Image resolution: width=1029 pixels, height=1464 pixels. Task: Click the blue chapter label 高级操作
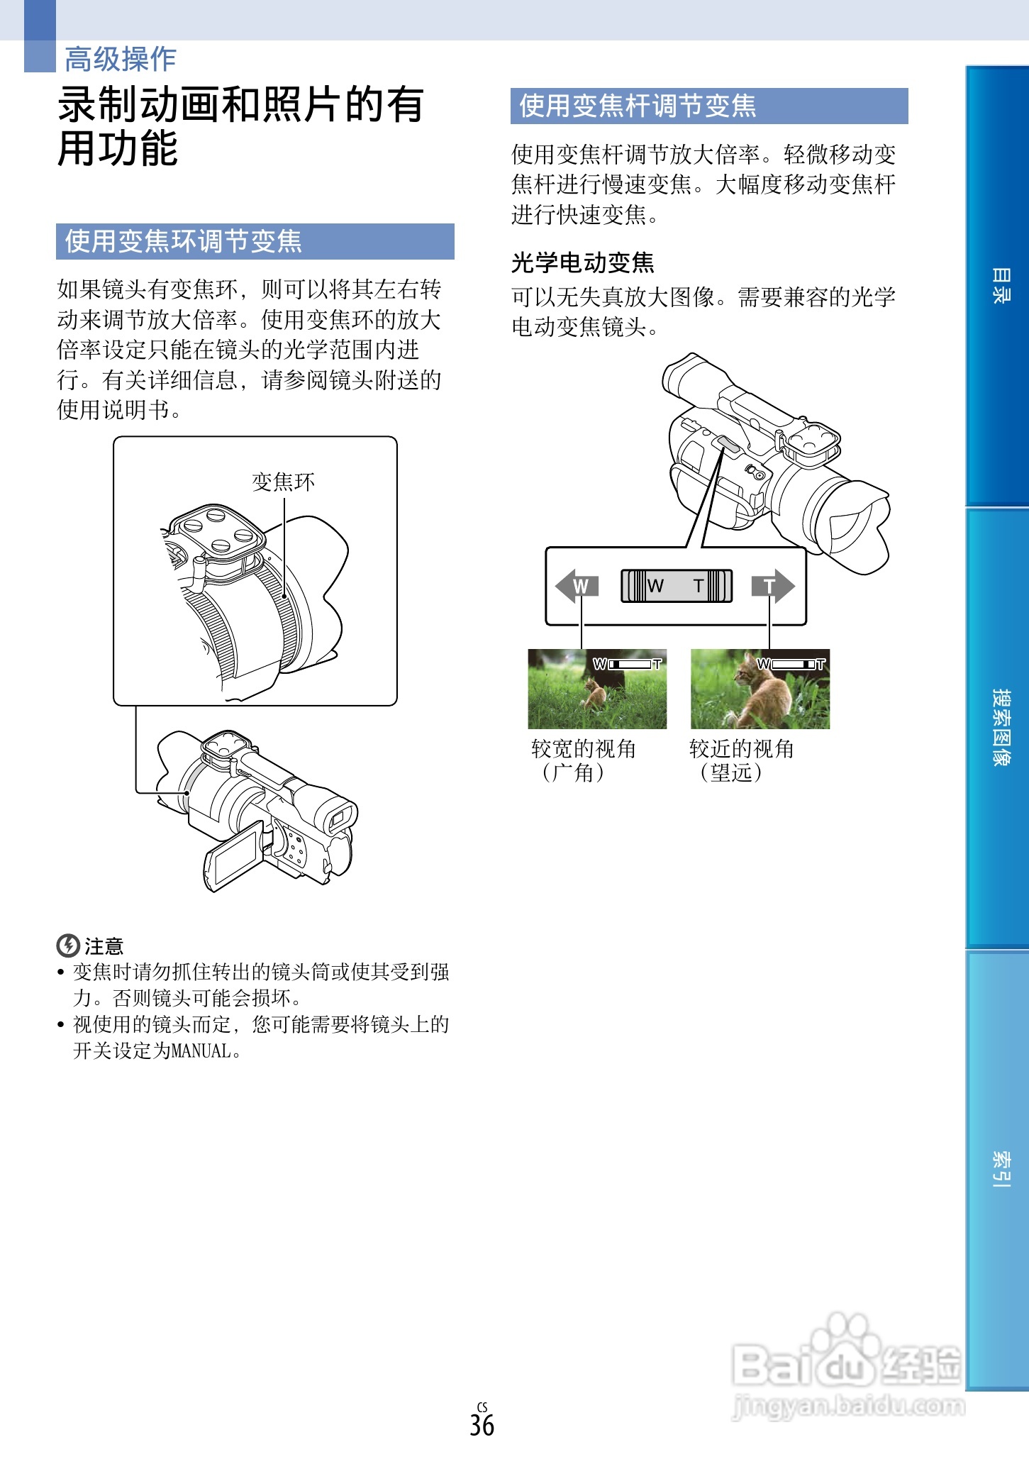pos(120,59)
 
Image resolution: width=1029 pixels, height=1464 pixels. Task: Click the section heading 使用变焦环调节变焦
pos(184,241)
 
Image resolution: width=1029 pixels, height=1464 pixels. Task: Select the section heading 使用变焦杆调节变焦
pos(638,106)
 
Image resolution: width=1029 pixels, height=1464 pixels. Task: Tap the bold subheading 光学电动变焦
pos(582,262)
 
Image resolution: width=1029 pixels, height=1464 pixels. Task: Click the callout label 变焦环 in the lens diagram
pos(283,482)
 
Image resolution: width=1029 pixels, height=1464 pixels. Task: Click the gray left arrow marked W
pos(577,586)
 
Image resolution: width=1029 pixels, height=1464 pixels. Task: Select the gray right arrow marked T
pos(773,586)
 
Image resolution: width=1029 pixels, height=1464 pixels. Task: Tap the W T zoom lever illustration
pos(676,586)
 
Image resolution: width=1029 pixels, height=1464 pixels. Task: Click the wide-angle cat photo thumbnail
pos(597,689)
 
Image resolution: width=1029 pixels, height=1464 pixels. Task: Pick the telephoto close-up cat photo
pos(760,689)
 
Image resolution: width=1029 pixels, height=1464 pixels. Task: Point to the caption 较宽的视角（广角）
pos(583,760)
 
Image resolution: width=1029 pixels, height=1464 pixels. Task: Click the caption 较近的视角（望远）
pos(741,760)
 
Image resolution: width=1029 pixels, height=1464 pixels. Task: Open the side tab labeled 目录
pos(1000,286)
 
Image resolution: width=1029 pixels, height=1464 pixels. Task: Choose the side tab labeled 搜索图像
pos(1000,727)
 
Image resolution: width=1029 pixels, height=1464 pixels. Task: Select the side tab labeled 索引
pos(1000,1169)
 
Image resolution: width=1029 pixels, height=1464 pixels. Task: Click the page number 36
pos(482,1425)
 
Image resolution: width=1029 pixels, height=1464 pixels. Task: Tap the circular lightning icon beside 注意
pos(67,945)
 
